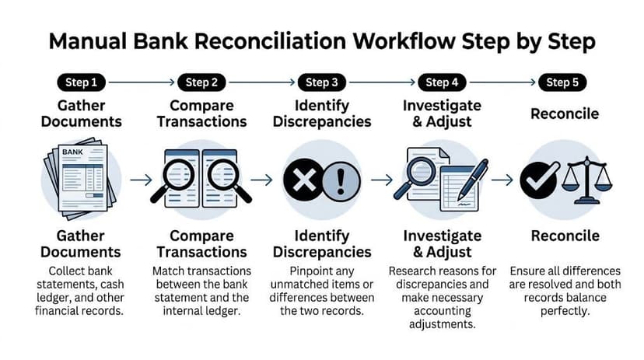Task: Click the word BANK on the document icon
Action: pyautogui.click(x=72, y=152)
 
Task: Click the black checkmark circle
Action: pyautogui.click(x=537, y=180)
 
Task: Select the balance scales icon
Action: pyautogui.click(x=586, y=180)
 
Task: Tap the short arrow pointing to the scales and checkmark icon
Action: pyautogui.click(x=503, y=180)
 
